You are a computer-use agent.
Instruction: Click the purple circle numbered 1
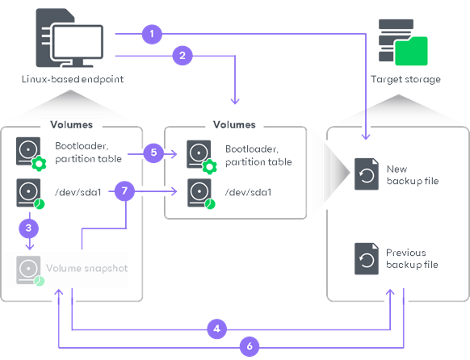tap(151, 34)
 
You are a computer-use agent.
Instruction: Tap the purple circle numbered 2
tap(183, 56)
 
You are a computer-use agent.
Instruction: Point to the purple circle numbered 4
tap(215, 329)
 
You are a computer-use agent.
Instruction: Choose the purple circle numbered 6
tap(250, 346)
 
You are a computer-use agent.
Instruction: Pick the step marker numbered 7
tap(124, 191)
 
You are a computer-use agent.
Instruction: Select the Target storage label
tap(405, 79)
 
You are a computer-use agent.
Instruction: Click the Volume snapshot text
tap(86, 268)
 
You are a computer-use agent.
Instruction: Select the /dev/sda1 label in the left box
tap(78, 191)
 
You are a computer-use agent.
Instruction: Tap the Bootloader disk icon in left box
tap(29, 151)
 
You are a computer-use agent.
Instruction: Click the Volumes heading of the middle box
tap(234, 125)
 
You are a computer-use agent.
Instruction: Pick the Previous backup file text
tap(412, 258)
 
